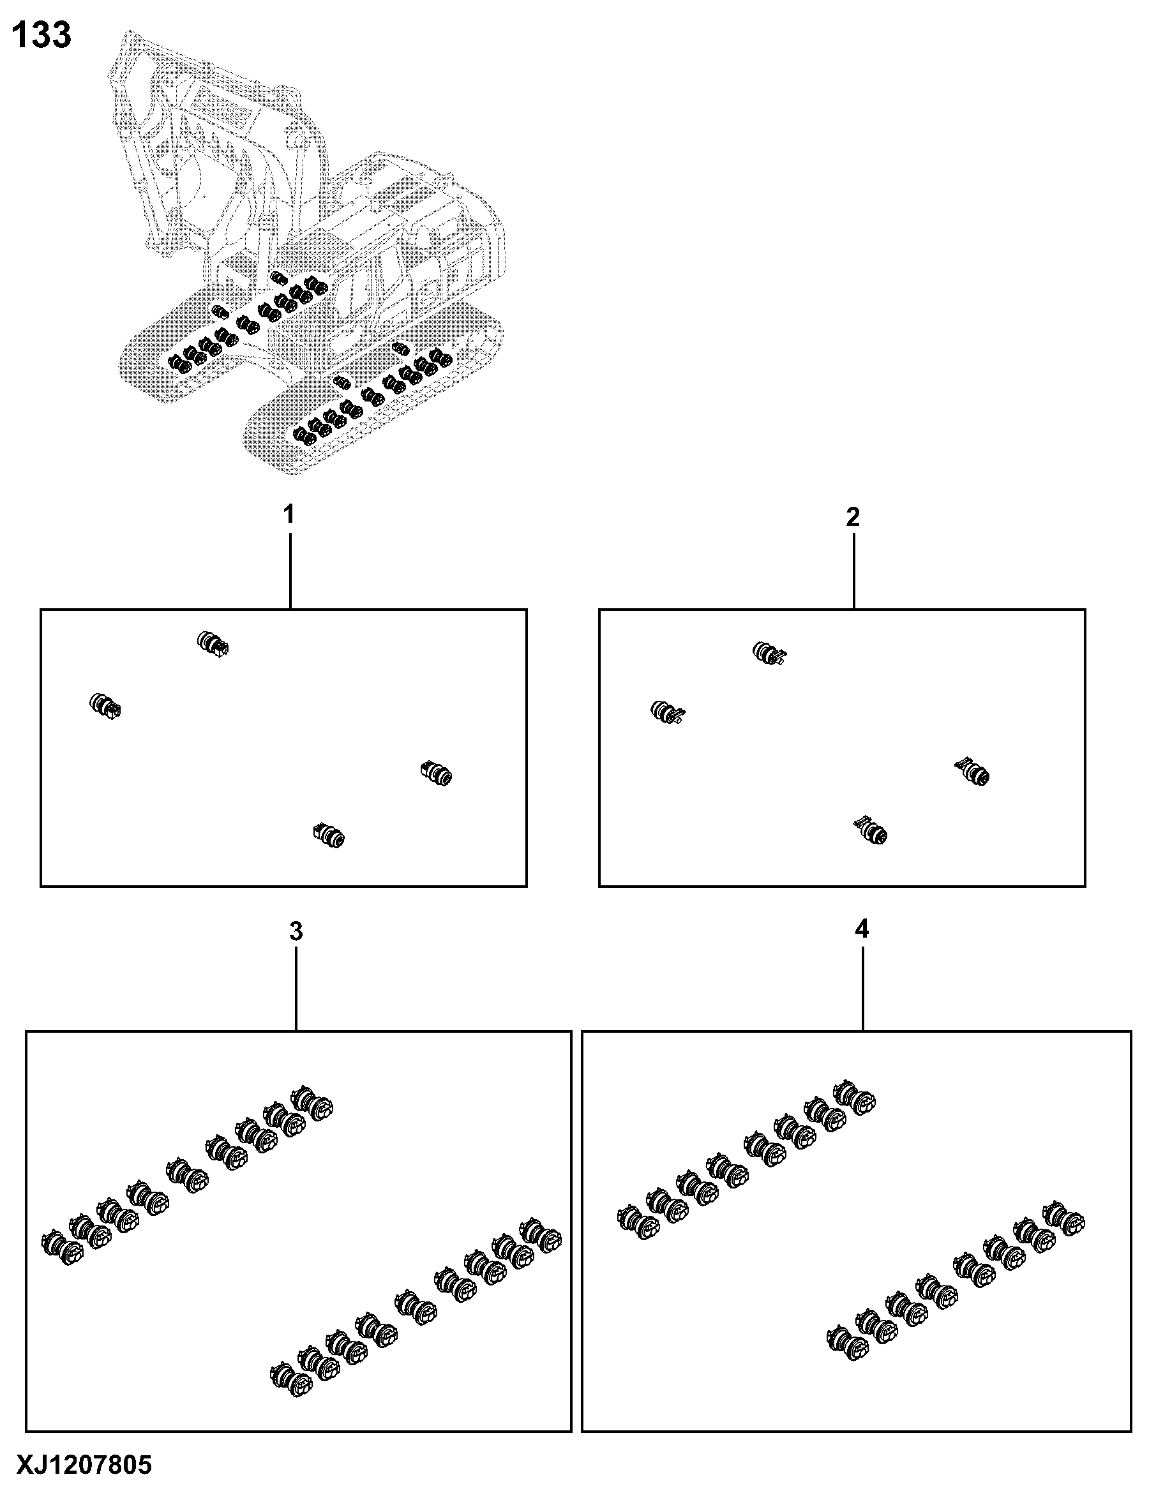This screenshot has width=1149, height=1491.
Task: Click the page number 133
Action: point(41,36)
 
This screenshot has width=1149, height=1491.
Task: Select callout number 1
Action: point(289,514)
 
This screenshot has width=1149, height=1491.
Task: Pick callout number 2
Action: point(853,518)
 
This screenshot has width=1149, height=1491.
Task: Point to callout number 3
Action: point(296,931)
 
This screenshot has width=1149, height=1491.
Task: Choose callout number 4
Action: point(862,929)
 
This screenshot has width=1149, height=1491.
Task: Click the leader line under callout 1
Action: point(290,571)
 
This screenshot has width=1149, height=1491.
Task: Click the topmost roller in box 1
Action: point(213,643)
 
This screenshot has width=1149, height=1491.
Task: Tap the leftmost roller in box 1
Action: point(105,707)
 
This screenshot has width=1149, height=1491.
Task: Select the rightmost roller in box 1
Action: point(435,774)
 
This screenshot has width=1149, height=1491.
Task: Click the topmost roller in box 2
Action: point(769,654)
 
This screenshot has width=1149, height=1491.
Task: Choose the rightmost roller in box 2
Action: point(972,772)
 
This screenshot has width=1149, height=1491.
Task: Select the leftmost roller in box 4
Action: point(639,1223)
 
